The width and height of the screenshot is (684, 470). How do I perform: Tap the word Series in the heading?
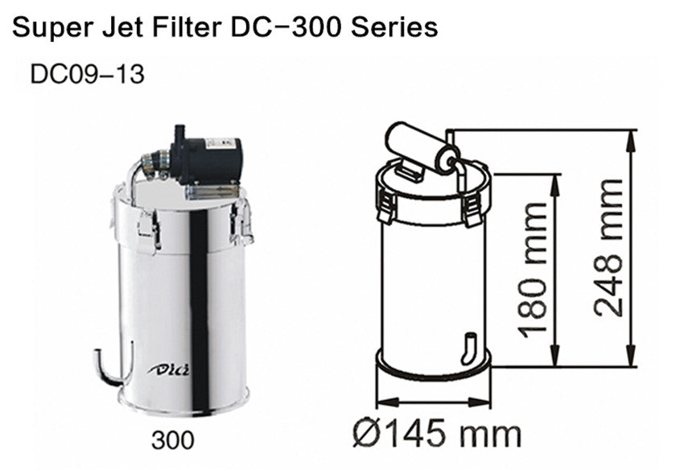click(399, 27)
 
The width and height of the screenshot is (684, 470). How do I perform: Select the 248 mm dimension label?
click(609, 248)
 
